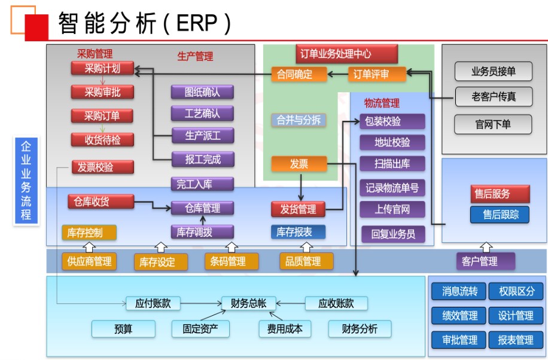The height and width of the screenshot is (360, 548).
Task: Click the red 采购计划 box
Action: pyautogui.click(x=102, y=68)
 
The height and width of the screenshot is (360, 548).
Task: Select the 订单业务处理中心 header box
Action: pyautogui.click(x=347, y=54)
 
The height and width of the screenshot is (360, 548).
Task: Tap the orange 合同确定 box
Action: pyautogui.click(x=299, y=74)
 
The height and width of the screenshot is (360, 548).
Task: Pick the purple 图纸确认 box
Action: pyautogui.click(x=202, y=92)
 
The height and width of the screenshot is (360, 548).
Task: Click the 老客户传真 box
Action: pyautogui.click(x=493, y=95)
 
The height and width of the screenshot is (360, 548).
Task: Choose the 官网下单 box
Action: pyautogui.click(x=493, y=124)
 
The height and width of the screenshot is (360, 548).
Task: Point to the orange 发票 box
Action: pyautogui.click(x=299, y=163)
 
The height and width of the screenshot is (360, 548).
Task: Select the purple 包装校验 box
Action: pyautogui.click(x=392, y=121)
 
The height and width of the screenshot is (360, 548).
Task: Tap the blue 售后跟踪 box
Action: pyautogui.click(x=500, y=214)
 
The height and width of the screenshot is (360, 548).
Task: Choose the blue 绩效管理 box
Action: pyautogui.click(x=459, y=315)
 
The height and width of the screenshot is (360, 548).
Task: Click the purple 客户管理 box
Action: pyautogui.click(x=487, y=261)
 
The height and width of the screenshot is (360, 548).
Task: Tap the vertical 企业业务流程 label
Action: pyautogui.click(x=26, y=181)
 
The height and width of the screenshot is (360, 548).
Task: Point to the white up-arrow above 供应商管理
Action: pyautogui.click(x=89, y=246)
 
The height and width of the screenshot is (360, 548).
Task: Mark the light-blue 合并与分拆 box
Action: pyautogui.click(x=299, y=120)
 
